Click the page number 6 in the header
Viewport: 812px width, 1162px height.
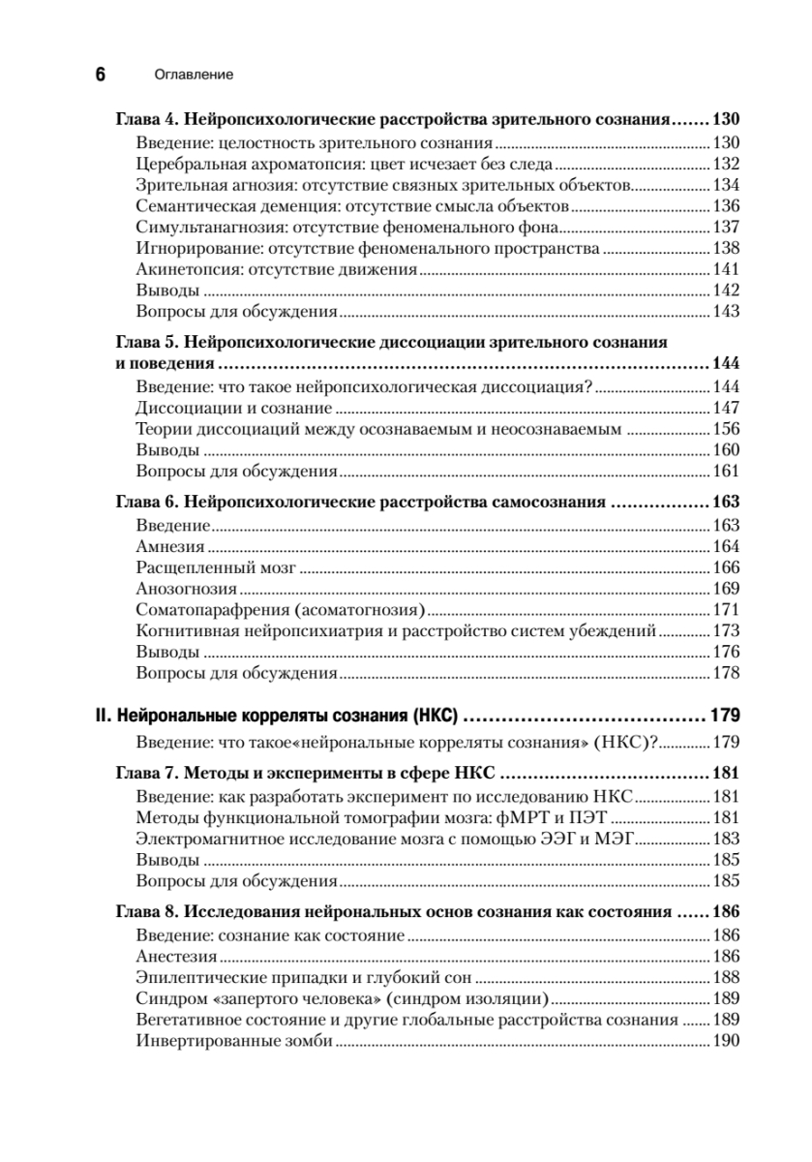pyautogui.click(x=100, y=75)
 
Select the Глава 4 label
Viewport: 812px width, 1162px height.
pyautogui.click(x=145, y=121)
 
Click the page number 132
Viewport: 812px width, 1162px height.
pyautogui.click(x=726, y=165)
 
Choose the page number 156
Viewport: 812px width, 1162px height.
pyautogui.click(x=726, y=429)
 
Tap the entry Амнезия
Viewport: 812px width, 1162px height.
pyautogui.click(x=170, y=546)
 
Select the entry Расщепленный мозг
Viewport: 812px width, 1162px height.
pyautogui.click(x=216, y=567)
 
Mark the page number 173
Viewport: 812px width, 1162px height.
pyautogui.click(x=726, y=631)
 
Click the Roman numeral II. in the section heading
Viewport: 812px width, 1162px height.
pyautogui.click(x=104, y=718)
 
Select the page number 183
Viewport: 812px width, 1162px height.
pyautogui.click(x=726, y=840)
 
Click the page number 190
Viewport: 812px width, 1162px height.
pyautogui.click(x=726, y=1041)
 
